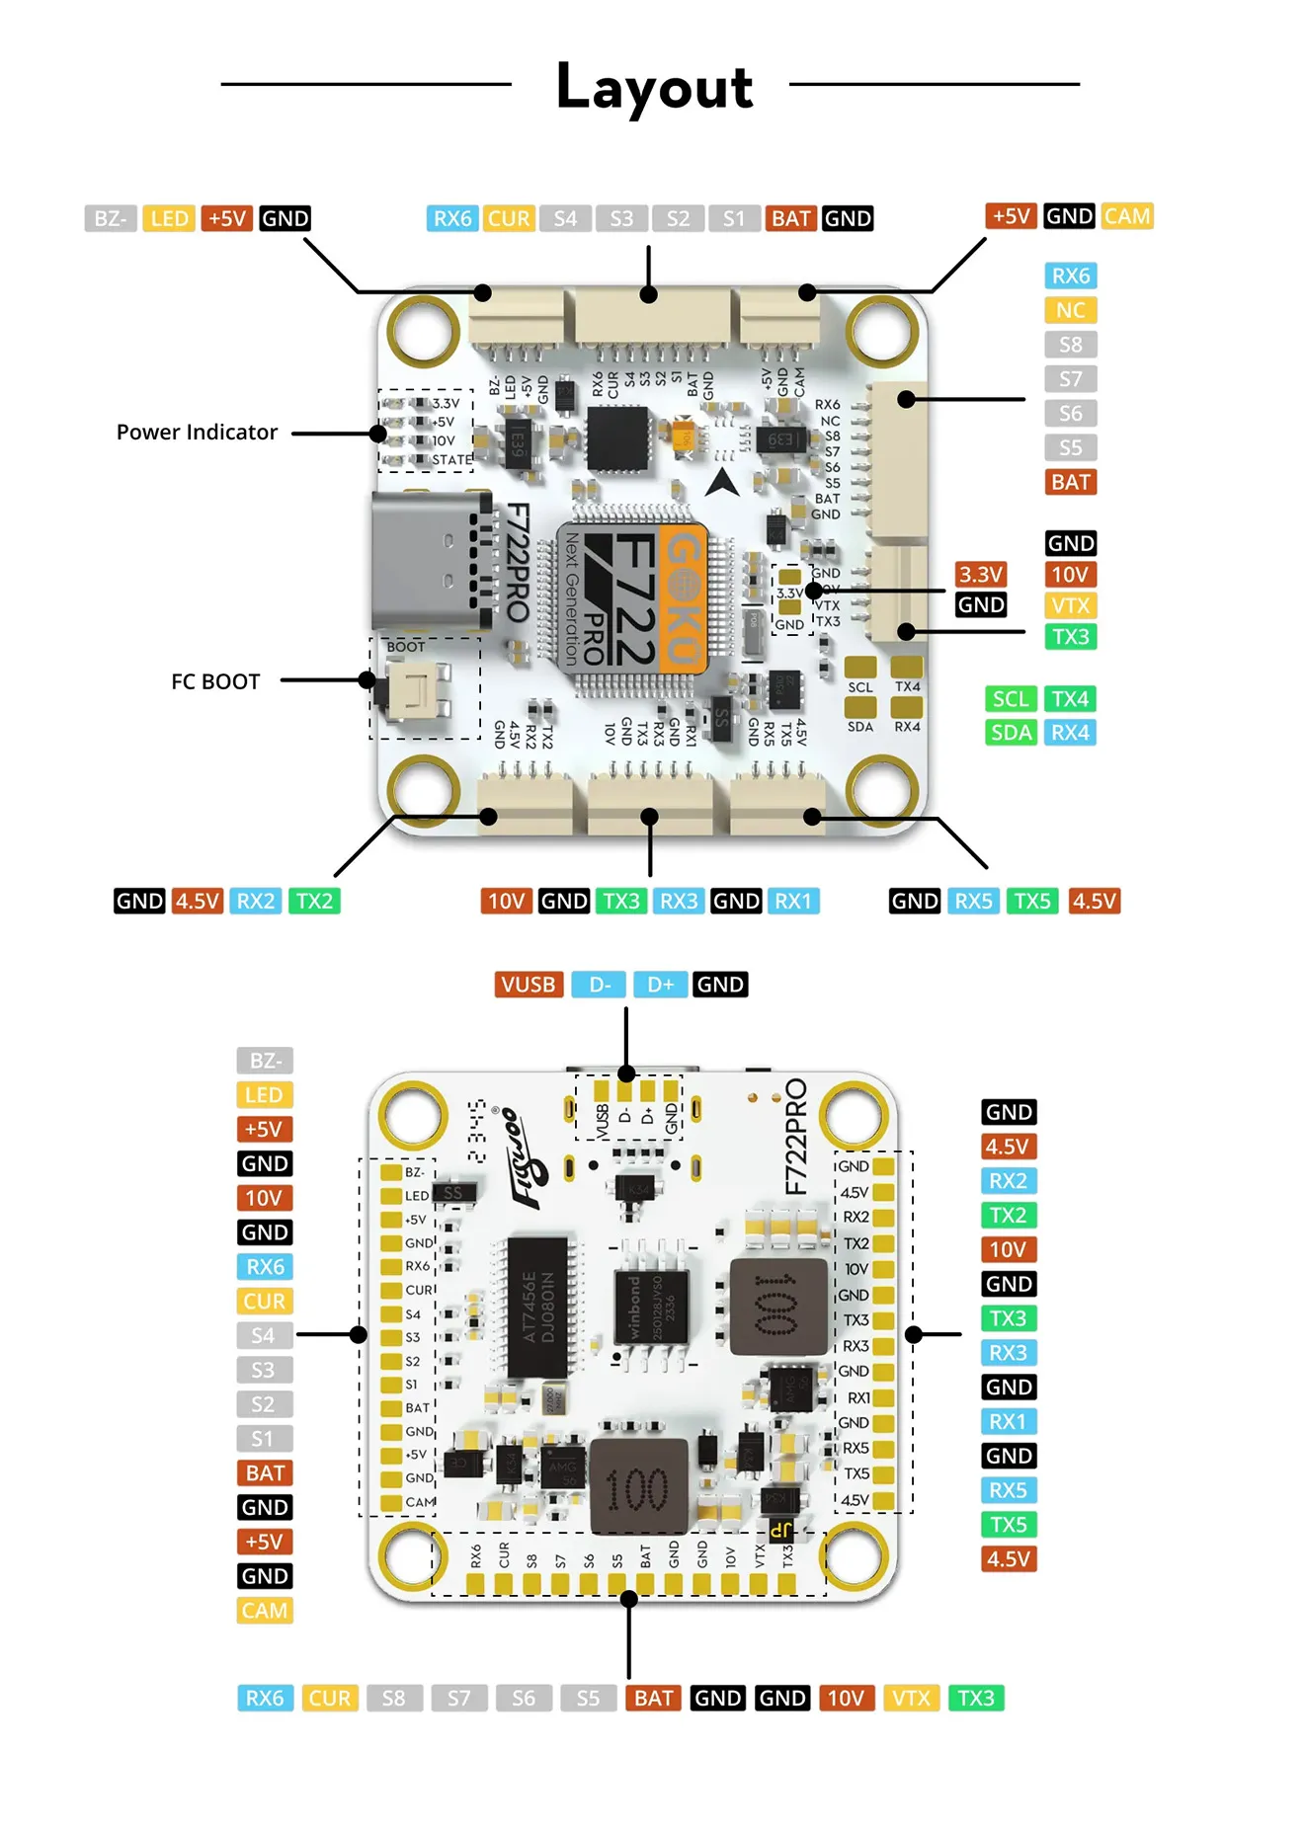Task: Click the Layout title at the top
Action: [x=654, y=87]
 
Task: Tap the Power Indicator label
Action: [x=197, y=433]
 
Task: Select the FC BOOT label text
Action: [x=215, y=681]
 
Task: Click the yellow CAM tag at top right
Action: [x=1126, y=216]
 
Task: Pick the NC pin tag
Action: [x=1070, y=310]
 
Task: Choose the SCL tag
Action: [x=1010, y=699]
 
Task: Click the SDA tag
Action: [x=1010, y=733]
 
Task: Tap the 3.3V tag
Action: [x=980, y=575]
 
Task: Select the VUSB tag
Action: [x=528, y=985]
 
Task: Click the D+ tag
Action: [x=660, y=985]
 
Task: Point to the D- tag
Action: [x=600, y=985]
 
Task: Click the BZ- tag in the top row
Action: [x=110, y=218]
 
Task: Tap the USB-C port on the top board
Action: [x=430, y=561]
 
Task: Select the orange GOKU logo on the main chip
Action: [x=682, y=598]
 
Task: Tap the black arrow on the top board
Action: [x=722, y=483]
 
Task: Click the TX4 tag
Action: [x=1069, y=699]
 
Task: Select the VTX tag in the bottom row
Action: [x=910, y=1698]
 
